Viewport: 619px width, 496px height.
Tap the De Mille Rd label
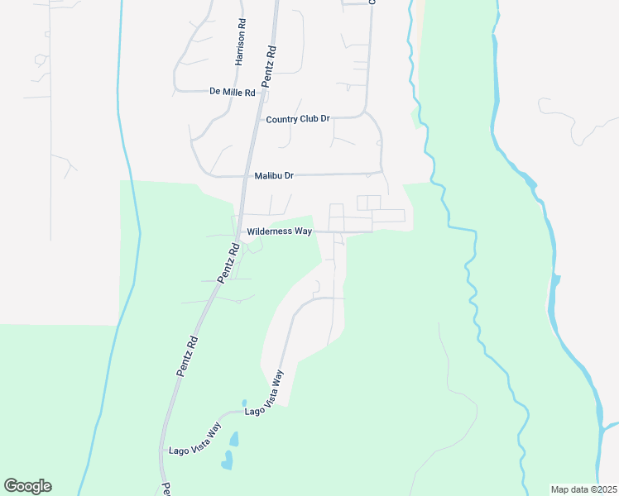pos(233,92)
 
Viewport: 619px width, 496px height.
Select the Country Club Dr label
pos(298,119)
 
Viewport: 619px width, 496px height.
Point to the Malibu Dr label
pos(274,175)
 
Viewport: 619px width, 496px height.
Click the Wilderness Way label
pos(280,231)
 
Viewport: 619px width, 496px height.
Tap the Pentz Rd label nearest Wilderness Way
pos(228,262)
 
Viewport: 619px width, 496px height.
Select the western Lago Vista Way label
pos(195,437)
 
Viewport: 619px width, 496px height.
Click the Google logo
pos(27,486)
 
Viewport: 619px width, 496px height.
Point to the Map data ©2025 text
pos(583,489)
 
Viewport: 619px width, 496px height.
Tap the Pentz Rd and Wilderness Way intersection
pos(239,231)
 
